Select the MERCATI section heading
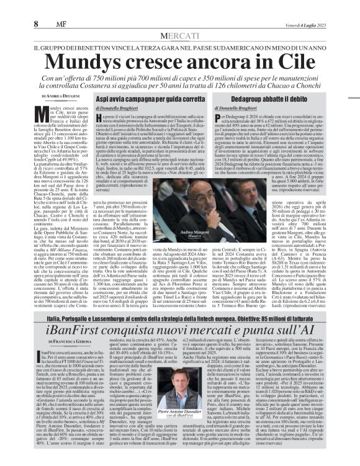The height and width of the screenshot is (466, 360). click(x=180, y=37)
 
